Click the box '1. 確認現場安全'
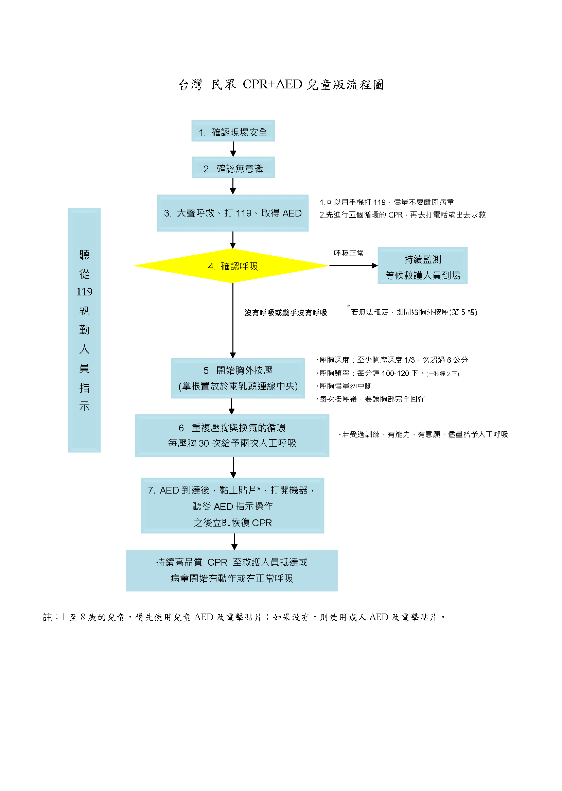pyautogui.click(x=233, y=131)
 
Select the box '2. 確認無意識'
pyautogui.click(x=233, y=167)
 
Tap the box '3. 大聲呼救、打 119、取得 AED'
pyautogui.click(x=232, y=213)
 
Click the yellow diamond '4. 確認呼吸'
pyautogui.click(x=231, y=266)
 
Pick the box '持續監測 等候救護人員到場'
pyautogui.click(x=423, y=265)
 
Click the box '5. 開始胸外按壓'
pyautogui.click(x=238, y=378)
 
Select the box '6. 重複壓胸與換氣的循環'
pyautogui.click(x=232, y=435)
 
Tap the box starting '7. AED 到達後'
pyautogui.click(x=232, y=505)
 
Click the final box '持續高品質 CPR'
pyautogui.click(x=231, y=570)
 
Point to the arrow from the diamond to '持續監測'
pyautogui.click(x=353, y=265)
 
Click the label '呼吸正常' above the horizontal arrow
pyautogui.click(x=349, y=253)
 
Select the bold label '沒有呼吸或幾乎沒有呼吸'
pyautogui.click(x=285, y=313)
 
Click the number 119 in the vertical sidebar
pyautogui.click(x=84, y=292)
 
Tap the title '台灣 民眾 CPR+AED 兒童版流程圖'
pyautogui.click(x=281, y=84)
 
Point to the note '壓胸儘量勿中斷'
pyautogui.click(x=344, y=386)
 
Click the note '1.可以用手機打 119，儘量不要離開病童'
pyautogui.click(x=387, y=202)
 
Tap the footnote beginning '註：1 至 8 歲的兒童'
pyautogui.click(x=244, y=617)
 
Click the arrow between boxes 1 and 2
pyautogui.click(x=233, y=149)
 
